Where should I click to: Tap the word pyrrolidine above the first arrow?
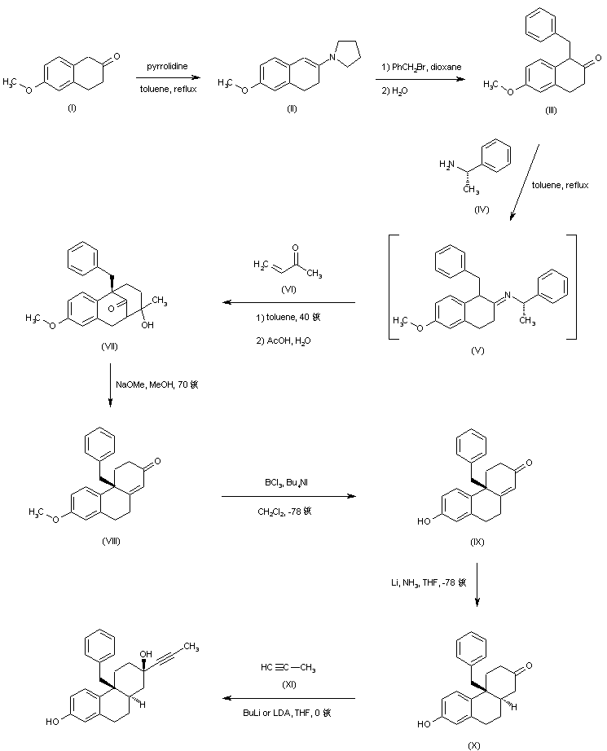(x=169, y=65)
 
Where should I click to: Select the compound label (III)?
(x=550, y=110)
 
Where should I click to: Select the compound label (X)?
(x=474, y=744)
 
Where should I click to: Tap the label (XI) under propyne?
(x=289, y=686)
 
